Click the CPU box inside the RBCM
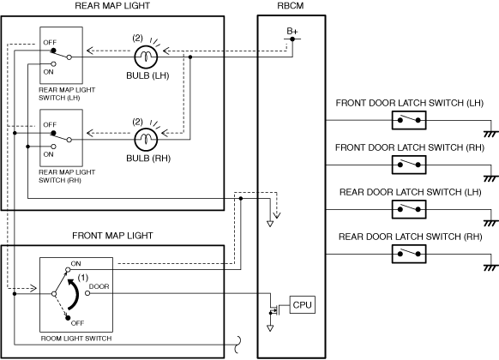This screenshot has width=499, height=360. (303, 304)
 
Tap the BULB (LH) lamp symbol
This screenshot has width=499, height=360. (146, 57)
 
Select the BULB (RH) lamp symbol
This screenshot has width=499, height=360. (146, 140)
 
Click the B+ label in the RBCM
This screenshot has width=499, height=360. (292, 31)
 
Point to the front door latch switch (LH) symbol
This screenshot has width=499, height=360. (409, 120)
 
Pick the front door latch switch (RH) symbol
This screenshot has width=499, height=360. (409, 165)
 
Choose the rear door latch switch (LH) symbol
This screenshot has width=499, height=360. (409, 209)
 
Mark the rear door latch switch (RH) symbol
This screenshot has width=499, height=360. (409, 254)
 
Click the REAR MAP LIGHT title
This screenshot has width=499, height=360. (112, 6)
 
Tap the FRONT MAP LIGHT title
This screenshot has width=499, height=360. (112, 236)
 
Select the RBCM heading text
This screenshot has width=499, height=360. (291, 6)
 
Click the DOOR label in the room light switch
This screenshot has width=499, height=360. (99, 286)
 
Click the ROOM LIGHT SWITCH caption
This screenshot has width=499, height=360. (76, 339)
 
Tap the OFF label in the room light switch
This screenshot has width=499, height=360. (77, 323)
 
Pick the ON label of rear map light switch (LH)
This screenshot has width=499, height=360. (48, 72)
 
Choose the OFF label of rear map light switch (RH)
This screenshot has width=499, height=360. (50, 124)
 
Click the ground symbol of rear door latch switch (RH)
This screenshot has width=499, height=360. (490, 268)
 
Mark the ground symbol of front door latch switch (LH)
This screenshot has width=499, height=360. (490, 135)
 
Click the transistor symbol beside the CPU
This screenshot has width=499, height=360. (274, 309)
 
